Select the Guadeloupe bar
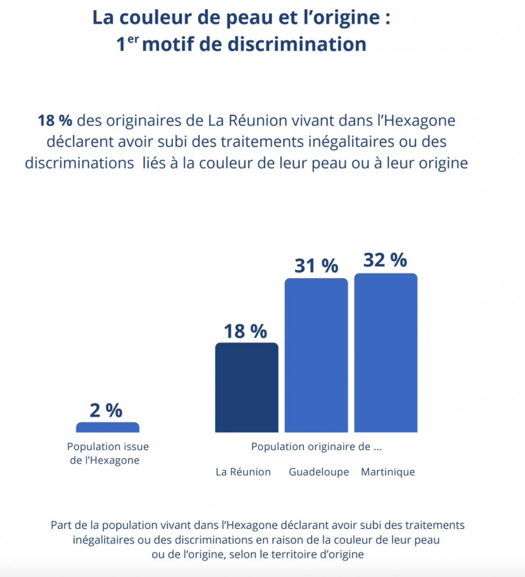316,355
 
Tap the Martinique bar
385,353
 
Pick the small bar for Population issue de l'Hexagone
108,427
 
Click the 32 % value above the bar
385,260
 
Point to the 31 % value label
316,265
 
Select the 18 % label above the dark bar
245,331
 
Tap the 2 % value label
106,410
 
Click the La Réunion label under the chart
243,472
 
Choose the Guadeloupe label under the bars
319,472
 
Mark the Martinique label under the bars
388,472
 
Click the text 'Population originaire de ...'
317,447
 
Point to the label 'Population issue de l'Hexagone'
107,453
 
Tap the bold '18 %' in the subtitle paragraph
55,120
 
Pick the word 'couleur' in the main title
153,18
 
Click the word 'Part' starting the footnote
61,525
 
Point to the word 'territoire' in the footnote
295,554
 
